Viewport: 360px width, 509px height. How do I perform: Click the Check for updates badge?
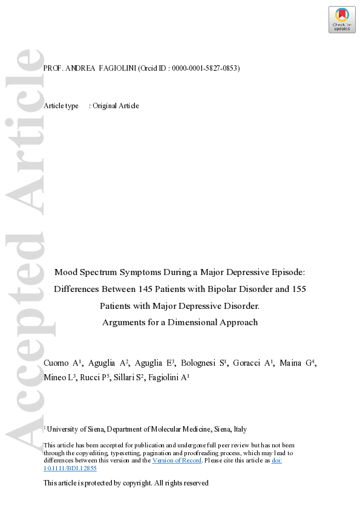pyautogui.click(x=342, y=19)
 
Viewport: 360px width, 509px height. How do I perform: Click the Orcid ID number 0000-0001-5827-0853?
pyautogui.click(x=205, y=68)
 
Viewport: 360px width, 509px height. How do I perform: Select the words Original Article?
pyautogui.click(x=116, y=106)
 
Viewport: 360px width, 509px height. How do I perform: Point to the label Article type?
pyautogui.click(x=61, y=106)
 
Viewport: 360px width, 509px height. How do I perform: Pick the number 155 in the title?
pyautogui.click(x=298, y=289)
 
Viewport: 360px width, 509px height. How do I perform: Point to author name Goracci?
pyautogui.click(x=246, y=363)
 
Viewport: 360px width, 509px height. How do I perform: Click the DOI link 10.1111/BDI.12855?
pyautogui.click(x=70, y=468)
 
